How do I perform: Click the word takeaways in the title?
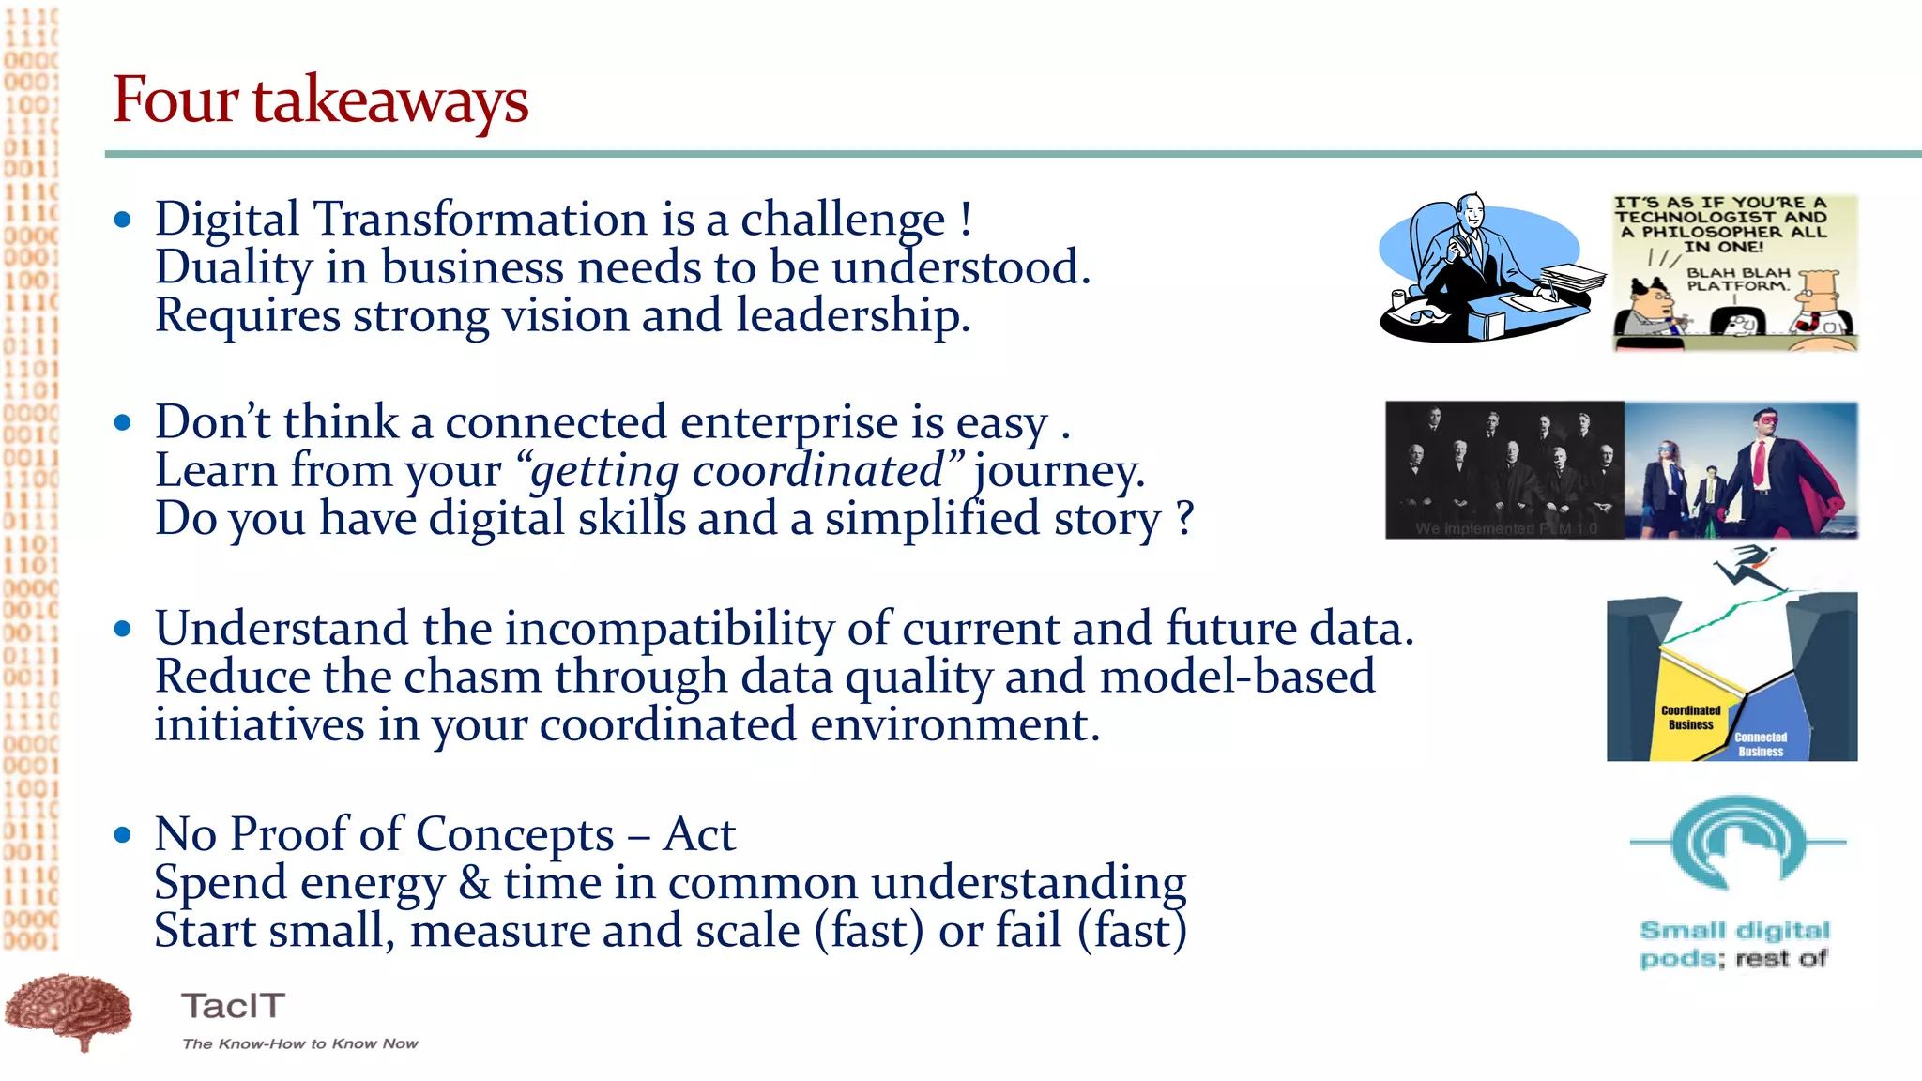pyautogui.click(x=389, y=101)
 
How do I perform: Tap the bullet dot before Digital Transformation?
pyautogui.click(x=122, y=221)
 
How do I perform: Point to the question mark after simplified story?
pyautogui.click(x=1185, y=519)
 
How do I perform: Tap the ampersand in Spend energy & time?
pyautogui.click(x=474, y=884)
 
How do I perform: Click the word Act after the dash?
pyautogui.click(x=698, y=834)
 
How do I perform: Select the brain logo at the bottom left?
pyautogui.click(x=69, y=1012)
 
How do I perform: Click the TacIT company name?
pyautogui.click(x=233, y=1006)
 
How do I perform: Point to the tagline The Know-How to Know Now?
pyautogui.click(x=299, y=1043)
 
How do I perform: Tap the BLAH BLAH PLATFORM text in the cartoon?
pyautogui.click(x=1738, y=279)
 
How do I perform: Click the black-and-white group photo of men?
pyautogui.click(x=1503, y=469)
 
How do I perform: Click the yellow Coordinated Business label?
pyautogui.click(x=1690, y=718)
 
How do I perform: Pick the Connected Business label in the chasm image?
pyautogui.click(x=1760, y=744)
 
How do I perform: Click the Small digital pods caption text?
pyautogui.click(x=1734, y=943)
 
